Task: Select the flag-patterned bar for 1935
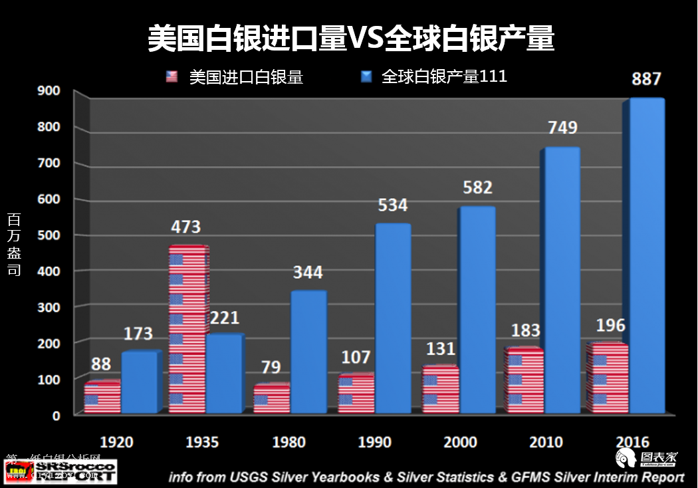tap(187, 330)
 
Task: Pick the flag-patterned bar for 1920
tap(102, 398)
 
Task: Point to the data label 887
tap(646, 79)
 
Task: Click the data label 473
tap(185, 227)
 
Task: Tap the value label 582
tap(477, 187)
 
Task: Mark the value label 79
tap(271, 367)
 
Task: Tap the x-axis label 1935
tap(202, 442)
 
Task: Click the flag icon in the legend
tap(172, 77)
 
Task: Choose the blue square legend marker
tap(366, 77)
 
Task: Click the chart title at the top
tap(350, 39)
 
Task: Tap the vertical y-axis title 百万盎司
tap(14, 244)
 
